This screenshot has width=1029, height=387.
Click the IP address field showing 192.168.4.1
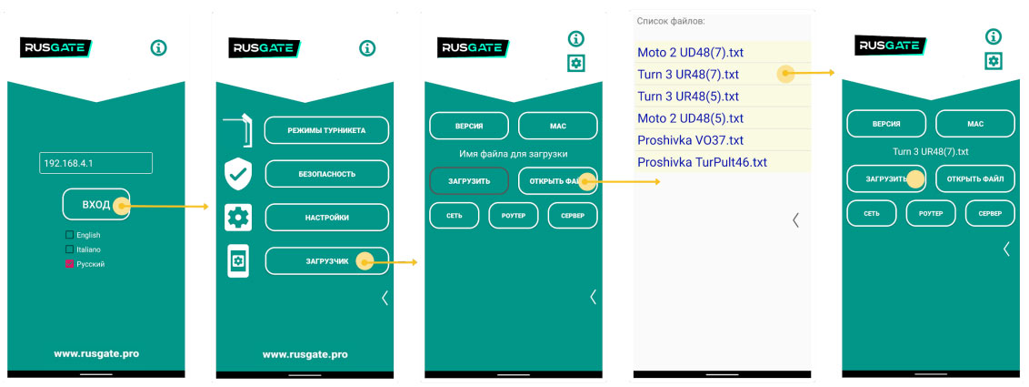pyautogui.click(x=95, y=163)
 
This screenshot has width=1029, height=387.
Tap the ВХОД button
pyautogui.click(x=95, y=205)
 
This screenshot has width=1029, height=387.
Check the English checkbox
pyautogui.click(x=69, y=235)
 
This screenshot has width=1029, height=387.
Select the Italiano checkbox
pyautogui.click(x=69, y=249)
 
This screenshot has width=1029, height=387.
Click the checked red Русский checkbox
pyautogui.click(x=69, y=264)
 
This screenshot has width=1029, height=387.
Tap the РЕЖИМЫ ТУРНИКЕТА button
pyautogui.click(x=326, y=130)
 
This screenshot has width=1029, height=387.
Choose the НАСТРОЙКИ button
pyautogui.click(x=326, y=217)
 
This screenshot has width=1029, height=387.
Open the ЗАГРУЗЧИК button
pyautogui.click(x=326, y=261)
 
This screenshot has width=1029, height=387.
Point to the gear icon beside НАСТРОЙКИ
pyautogui.click(x=238, y=217)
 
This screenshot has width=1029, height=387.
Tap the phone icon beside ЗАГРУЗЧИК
pyautogui.click(x=238, y=261)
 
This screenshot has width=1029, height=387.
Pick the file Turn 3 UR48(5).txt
pyautogui.click(x=688, y=96)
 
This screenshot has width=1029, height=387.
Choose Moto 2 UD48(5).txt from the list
pyautogui.click(x=690, y=118)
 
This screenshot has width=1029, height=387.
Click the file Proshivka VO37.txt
pyautogui.click(x=690, y=140)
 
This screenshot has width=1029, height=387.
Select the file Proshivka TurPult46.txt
pyautogui.click(x=702, y=162)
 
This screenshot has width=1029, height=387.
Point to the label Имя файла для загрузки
pyautogui.click(x=514, y=153)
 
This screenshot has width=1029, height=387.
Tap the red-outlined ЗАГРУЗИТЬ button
pyautogui.click(x=468, y=181)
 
